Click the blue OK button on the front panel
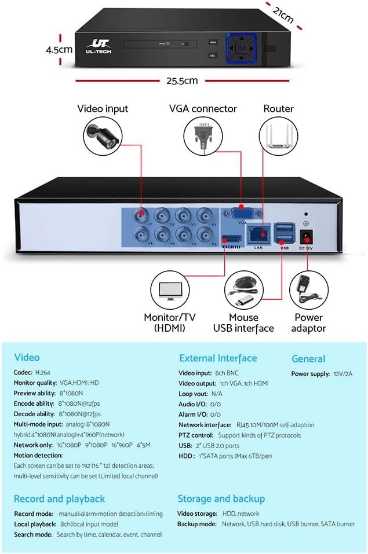[x=241, y=49]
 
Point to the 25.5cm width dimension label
[x=183, y=80]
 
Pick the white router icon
[x=278, y=134]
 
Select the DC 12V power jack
[x=305, y=236]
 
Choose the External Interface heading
[x=217, y=358]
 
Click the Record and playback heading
[x=59, y=498]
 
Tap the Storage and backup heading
[x=221, y=498]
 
